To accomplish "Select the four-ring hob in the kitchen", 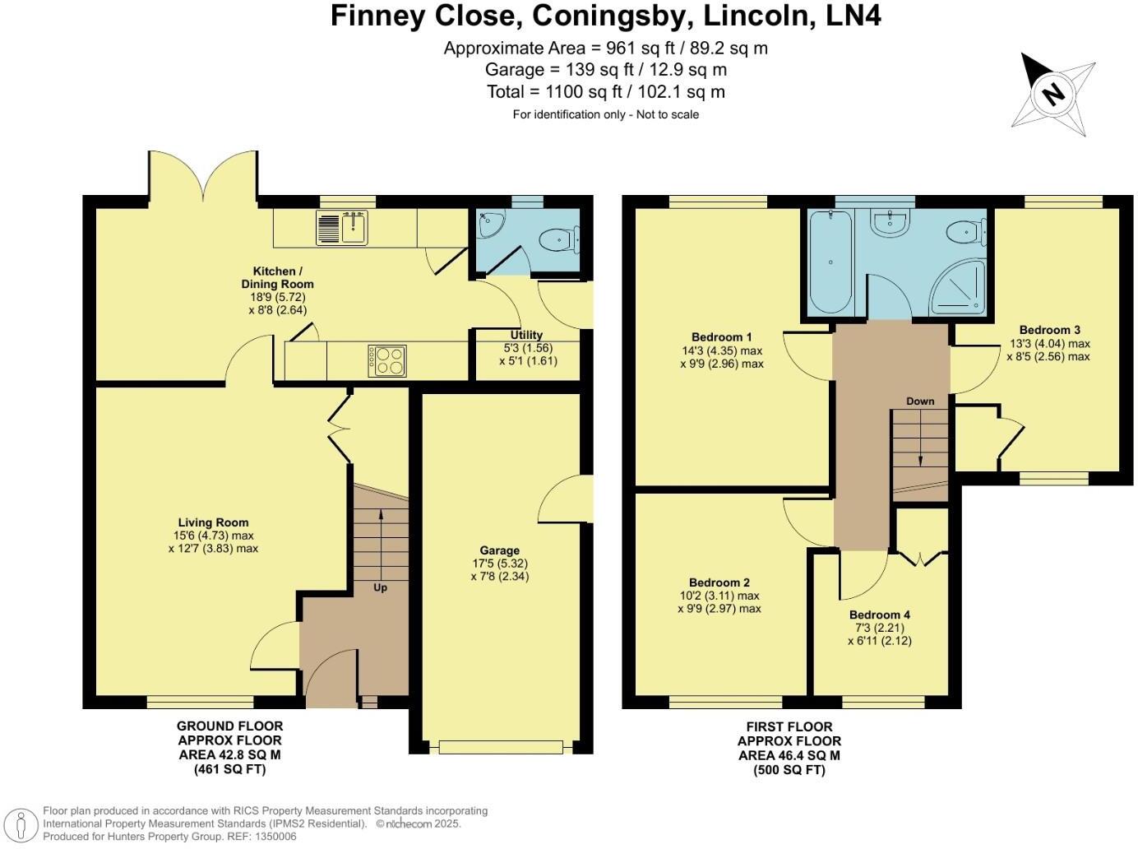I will click(x=388, y=360).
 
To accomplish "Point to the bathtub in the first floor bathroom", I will click(x=830, y=262).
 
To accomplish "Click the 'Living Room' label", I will click(x=213, y=522).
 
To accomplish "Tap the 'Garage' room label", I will click(x=499, y=550).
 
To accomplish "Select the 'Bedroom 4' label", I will click(x=879, y=615).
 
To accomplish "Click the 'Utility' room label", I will click(x=526, y=335).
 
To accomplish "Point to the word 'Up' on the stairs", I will click(x=380, y=587).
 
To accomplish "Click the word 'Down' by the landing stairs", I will click(x=920, y=401).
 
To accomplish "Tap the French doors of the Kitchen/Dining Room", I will click(x=202, y=176).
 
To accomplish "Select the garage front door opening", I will click(x=500, y=747).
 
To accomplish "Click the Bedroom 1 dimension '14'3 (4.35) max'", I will click(x=721, y=350).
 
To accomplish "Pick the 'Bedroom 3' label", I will click(x=1049, y=330).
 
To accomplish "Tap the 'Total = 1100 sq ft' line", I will click(x=605, y=92).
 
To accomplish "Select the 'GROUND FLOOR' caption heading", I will click(x=229, y=726).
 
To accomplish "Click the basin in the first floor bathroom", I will click(x=887, y=223).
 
